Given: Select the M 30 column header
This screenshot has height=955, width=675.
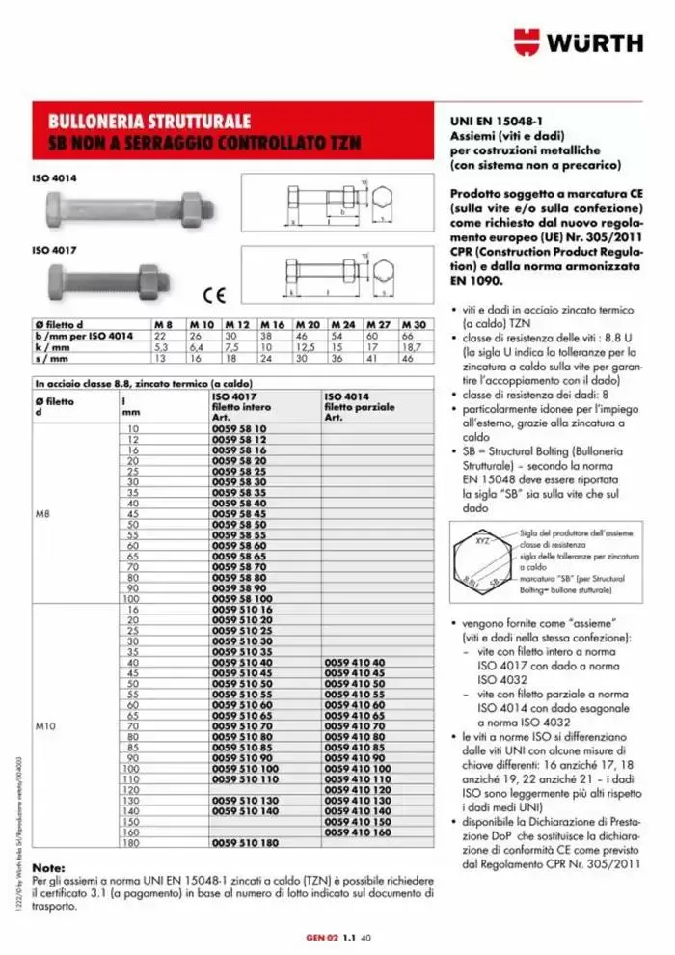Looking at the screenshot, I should (x=413, y=325).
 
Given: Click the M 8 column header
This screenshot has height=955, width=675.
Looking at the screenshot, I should (x=163, y=325).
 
